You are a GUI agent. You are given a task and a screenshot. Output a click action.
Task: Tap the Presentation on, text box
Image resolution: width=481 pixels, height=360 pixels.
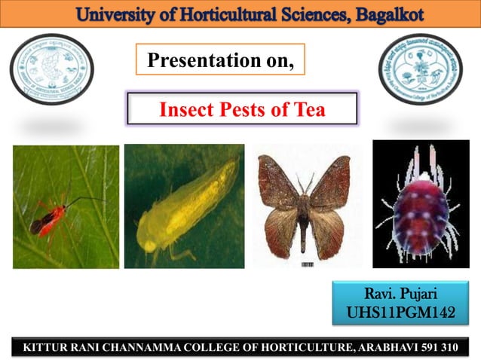click(220, 59)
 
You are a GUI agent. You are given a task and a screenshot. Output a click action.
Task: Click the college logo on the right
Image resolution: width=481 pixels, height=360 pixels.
click(421, 69)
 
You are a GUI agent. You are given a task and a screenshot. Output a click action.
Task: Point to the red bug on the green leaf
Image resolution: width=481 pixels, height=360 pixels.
click(47, 218)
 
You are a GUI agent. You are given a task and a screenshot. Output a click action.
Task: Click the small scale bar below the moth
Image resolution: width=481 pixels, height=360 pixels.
click(307, 265)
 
